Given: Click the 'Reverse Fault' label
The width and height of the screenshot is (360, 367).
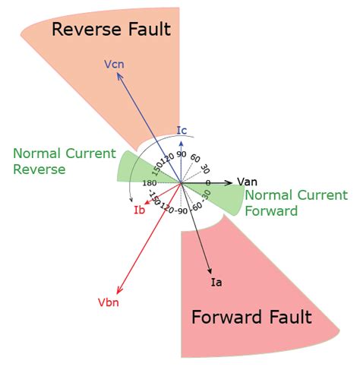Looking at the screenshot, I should tap(111, 30).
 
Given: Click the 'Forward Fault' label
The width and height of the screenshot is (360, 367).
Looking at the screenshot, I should tap(251, 317).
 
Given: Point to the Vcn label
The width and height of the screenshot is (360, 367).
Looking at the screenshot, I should tap(115, 65).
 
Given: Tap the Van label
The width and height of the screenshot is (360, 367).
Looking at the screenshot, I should tap(248, 181).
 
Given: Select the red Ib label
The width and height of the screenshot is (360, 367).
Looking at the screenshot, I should tap(139, 210).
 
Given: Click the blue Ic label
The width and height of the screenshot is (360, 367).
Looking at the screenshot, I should tap(182, 129).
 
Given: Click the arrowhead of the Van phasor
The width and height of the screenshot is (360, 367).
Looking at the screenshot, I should tap(232, 183).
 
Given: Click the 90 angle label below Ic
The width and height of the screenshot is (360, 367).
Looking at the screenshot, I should tap(182, 154).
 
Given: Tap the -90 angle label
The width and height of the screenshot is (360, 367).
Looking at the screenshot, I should tap(180, 210).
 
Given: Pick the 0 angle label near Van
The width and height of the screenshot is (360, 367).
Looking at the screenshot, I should tap(208, 182).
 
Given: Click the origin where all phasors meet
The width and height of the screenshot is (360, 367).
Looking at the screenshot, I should tap(181, 183).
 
